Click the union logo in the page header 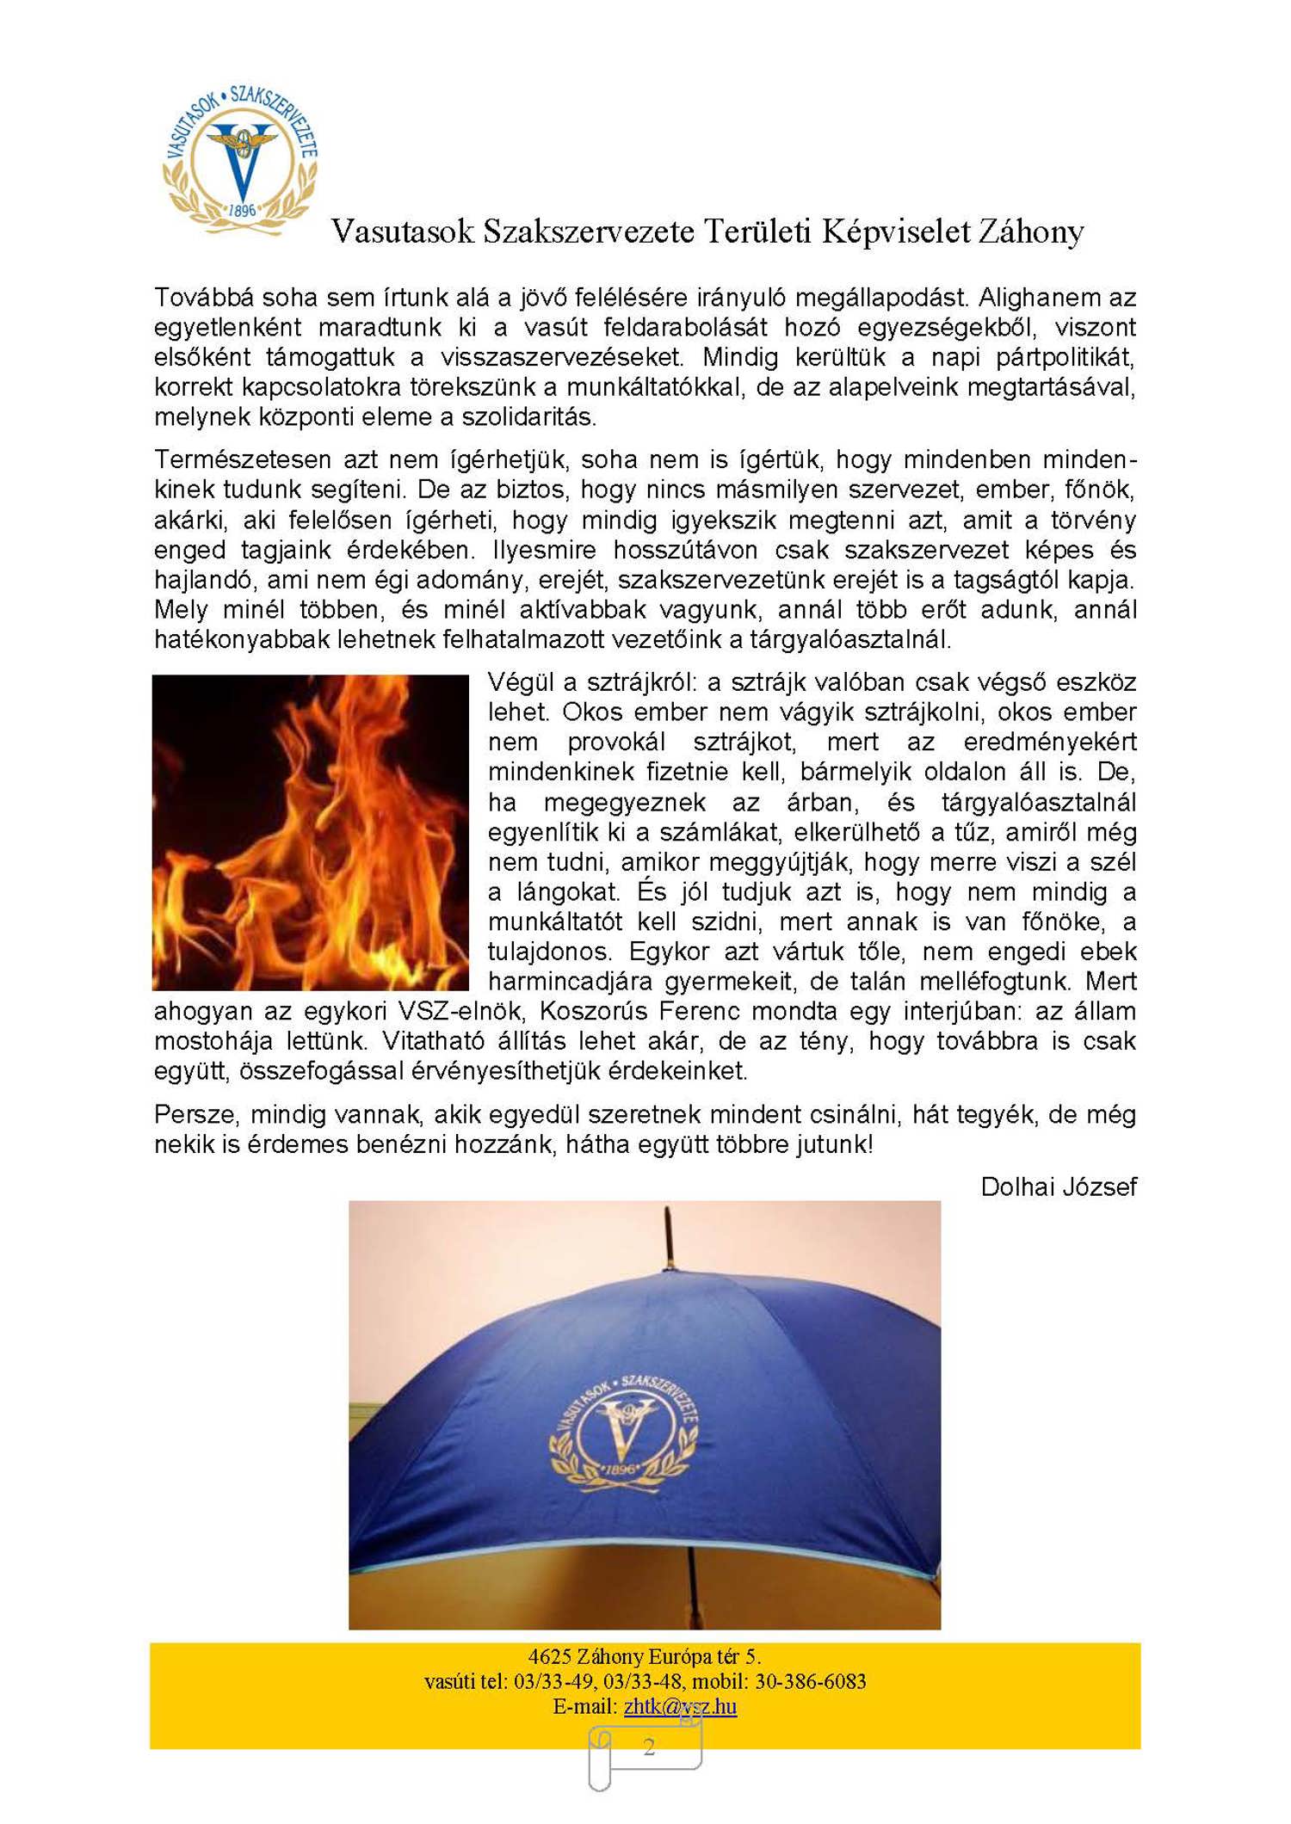point(240,159)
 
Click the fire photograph point(311,832)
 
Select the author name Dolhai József point(1058,1187)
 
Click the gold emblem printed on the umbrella point(625,1431)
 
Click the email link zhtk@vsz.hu point(680,1706)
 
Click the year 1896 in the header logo point(242,210)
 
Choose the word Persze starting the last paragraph point(195,1115)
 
